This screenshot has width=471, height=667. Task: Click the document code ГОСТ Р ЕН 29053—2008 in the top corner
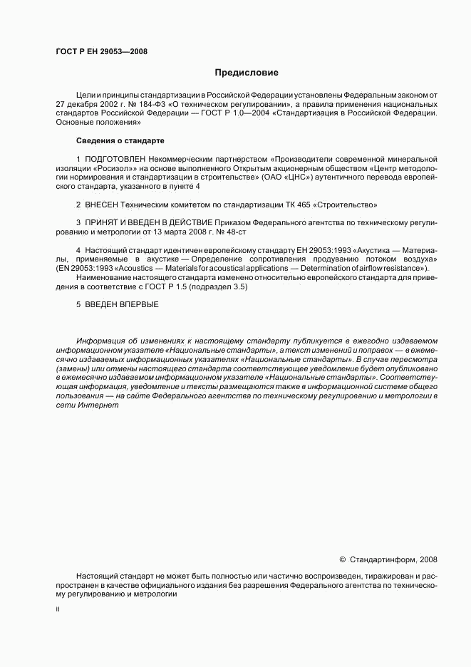pos(100,51)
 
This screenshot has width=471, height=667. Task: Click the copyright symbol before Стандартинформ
pos(342,560)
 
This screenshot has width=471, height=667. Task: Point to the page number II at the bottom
pos(58,611)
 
